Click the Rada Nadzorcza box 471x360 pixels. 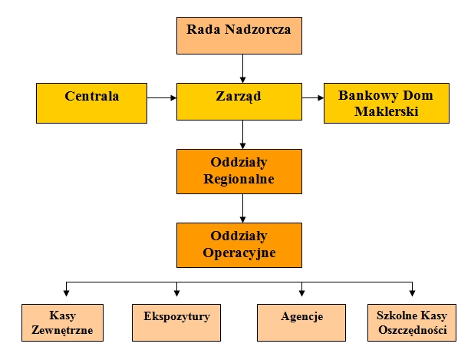pyautogui.click(x=243, y=35)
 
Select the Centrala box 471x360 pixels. pyautogui.click(x=91, y=103)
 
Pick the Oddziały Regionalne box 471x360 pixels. pyautogui.click(x=243, y=172)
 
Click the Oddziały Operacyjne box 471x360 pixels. pyautogui.click(x=243, y=245)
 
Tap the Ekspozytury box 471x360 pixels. pyautogui.click(x=176, y=322)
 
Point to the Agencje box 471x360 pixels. pyautogui.click(x=301, y=322)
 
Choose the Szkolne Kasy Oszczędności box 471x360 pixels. pyautogui.click(x=412, y=322)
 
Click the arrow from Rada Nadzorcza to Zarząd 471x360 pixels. pyautogui.click(x=243, y=69)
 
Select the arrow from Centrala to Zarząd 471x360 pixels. pyautogui.click(x=162, y=98)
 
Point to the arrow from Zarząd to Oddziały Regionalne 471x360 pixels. pyautogui.click(x=243, y=135)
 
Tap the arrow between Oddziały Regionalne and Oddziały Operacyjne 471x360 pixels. pyautogui.click(x=243, y=208)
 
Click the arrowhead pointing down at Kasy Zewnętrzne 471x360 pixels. pyautogui.click(x=68, y=293)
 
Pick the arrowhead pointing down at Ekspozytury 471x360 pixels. pyautogui.click(x=177, y=293)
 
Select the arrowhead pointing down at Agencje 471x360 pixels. pyautogui.click(x=301, y=293)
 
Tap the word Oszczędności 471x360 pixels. pyautogui.click(x=412, y=331)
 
